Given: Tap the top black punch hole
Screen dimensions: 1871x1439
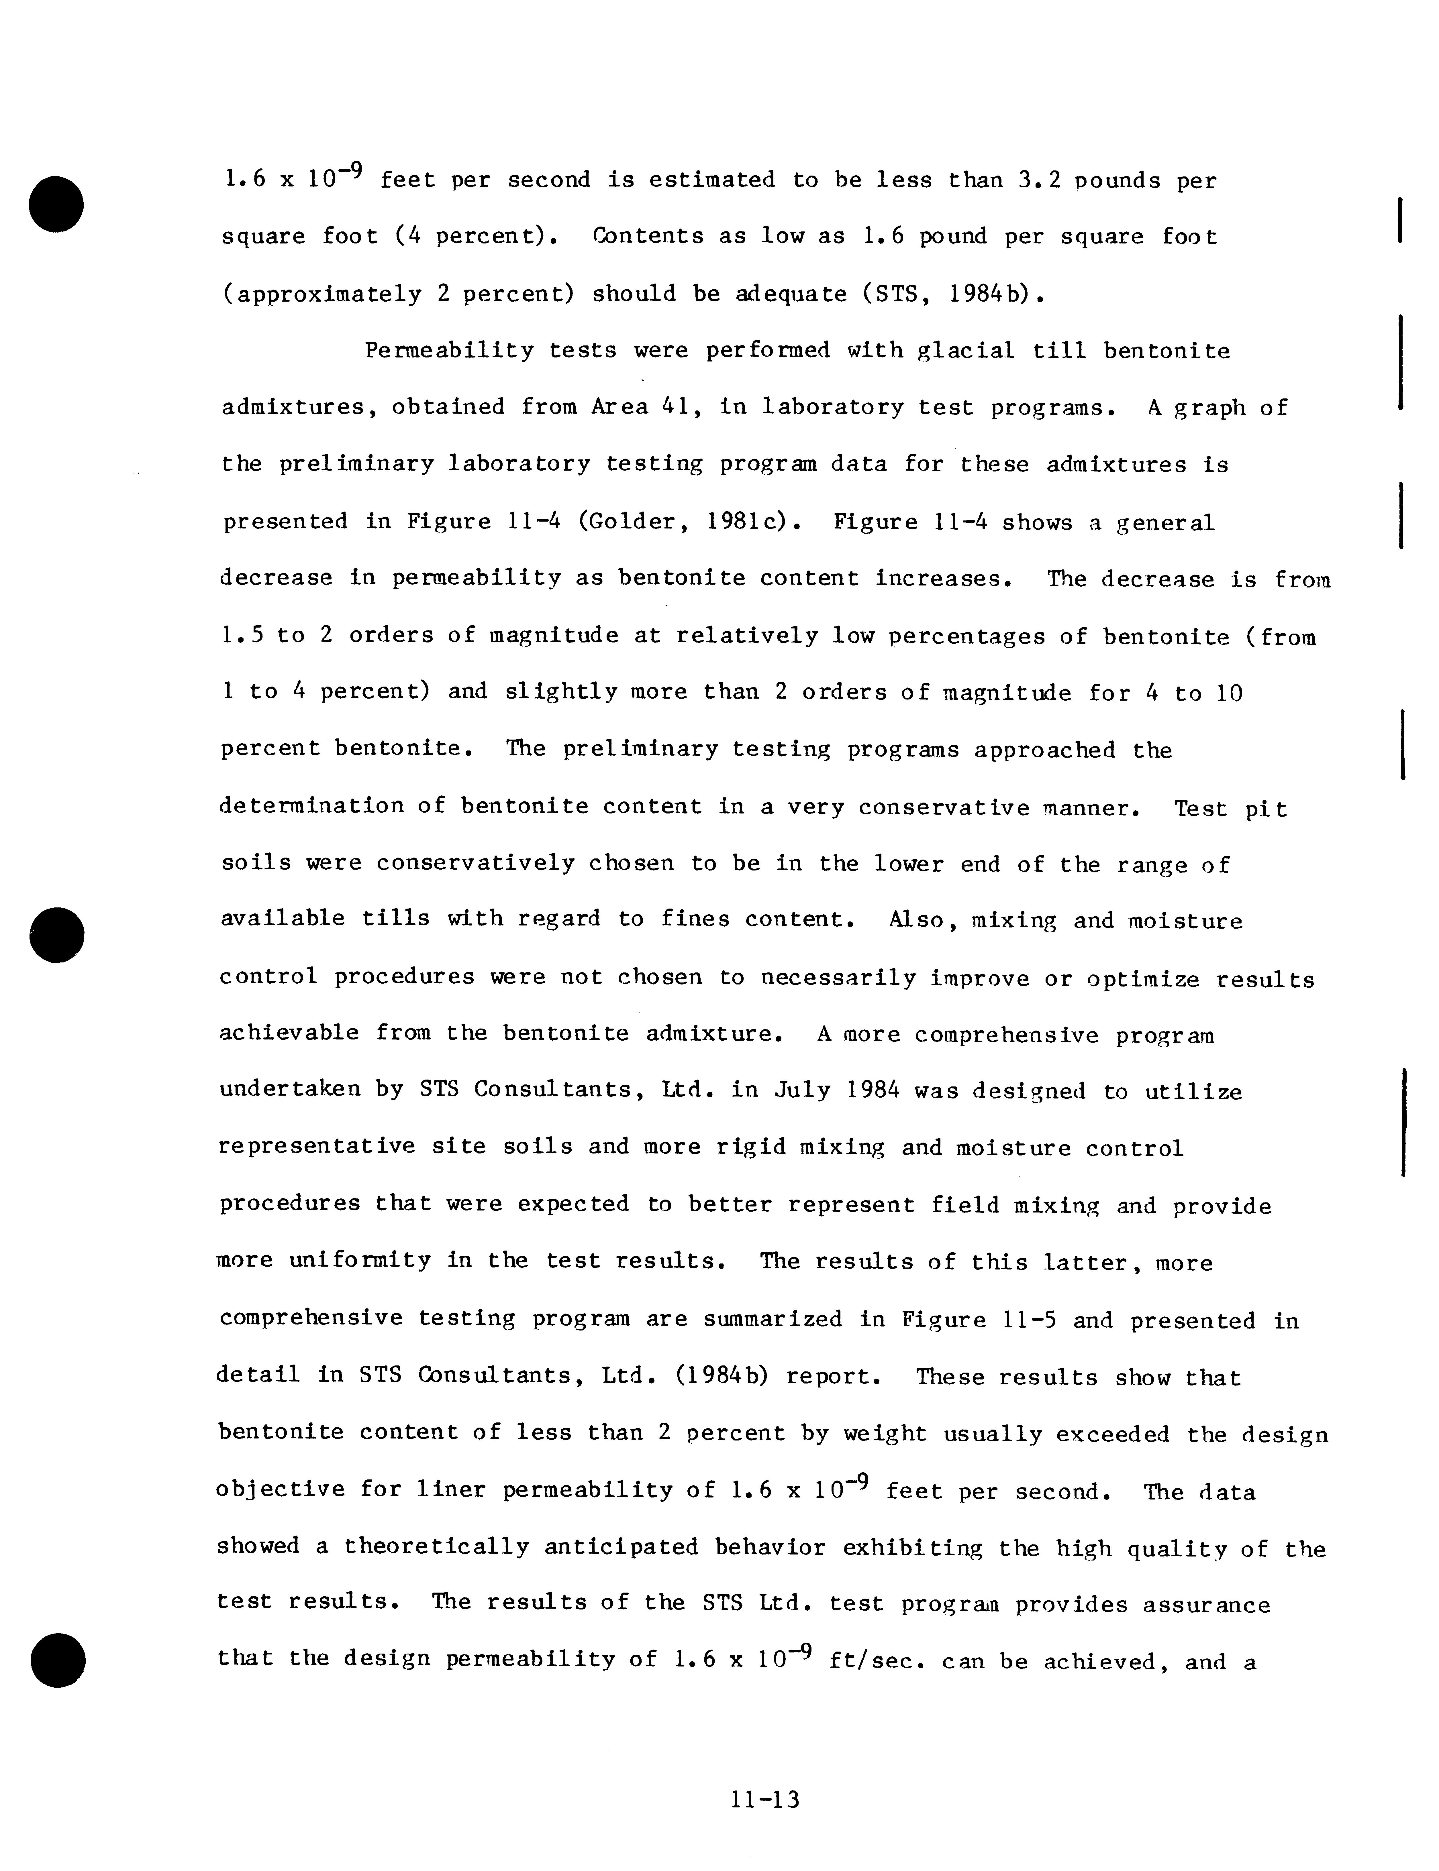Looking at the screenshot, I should click(x=56, y=204).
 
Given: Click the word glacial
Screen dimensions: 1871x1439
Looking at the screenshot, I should click(x=965, y=351).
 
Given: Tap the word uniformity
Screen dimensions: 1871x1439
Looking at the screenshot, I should click(x=360, y=1261).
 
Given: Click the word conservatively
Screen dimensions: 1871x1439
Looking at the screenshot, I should click(x=475, y=863).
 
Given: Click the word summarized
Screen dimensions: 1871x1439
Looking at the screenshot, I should click(x=773, y=1319).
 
